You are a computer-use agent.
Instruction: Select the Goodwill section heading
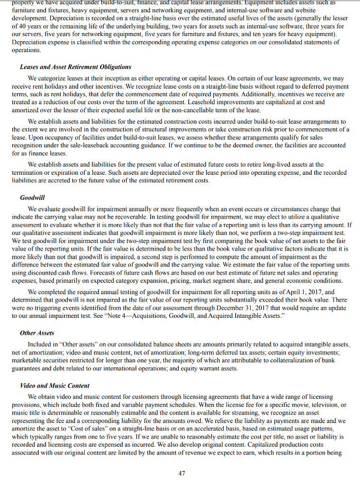point(32,197)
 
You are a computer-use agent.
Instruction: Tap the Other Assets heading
point(37,333)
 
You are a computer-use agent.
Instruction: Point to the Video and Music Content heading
point(54,386)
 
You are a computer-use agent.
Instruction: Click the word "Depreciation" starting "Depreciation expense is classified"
point(28,42)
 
